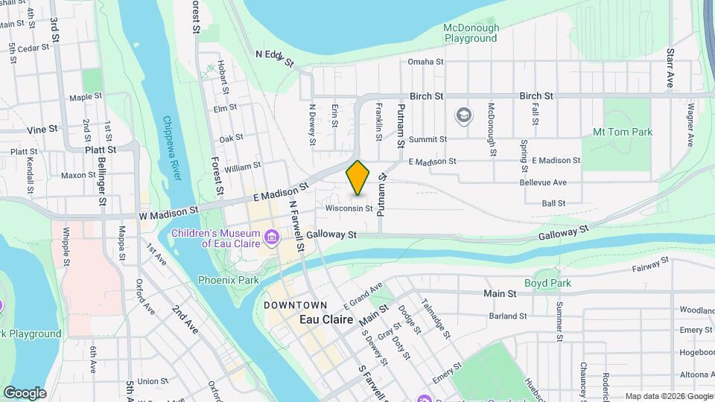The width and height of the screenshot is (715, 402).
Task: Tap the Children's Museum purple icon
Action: tap(272, 238)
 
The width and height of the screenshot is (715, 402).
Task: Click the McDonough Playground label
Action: tap(471, 33)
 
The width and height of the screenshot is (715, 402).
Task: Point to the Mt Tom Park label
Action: tap(623, 133)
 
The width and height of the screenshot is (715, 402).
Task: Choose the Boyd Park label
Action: tap(547, 283)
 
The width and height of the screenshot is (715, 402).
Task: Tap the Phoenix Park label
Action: tap(223, 280)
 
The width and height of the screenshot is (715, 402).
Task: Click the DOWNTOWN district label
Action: tap(295, 305)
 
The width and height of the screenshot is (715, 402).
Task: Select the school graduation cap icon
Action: tap(463, 115)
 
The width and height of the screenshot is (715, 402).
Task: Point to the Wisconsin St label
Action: tap(349, 208)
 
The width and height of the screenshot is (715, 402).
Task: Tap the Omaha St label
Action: tap(425, 62)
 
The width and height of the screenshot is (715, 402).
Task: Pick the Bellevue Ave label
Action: tap(544, 182)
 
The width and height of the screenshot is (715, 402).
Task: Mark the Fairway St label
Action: tap(638, 267)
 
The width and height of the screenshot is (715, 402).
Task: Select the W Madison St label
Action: tap(168, 214)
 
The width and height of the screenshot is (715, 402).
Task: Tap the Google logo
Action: tap(25, 392)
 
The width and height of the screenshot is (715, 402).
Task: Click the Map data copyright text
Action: tap(668, 396)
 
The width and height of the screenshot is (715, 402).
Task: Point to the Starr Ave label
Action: tap(670, 68)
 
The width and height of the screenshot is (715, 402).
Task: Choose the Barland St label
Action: tap(509, 316)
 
